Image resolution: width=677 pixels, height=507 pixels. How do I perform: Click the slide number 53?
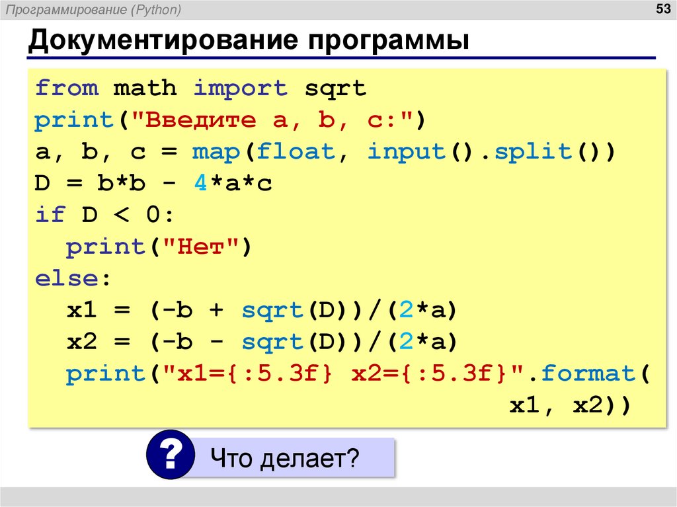coord(662,9)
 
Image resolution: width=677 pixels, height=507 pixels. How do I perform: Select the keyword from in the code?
coord(66,88)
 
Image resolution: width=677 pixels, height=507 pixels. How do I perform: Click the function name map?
coord(216,152)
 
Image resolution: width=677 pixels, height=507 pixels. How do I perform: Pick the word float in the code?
coord(296,152)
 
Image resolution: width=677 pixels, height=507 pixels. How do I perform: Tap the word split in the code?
coord(525,152)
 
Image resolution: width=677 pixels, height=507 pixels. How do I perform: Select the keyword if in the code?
coord(50,215)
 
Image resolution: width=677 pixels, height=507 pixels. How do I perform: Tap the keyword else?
coord(66,278)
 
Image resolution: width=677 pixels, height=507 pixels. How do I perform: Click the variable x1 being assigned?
coord(82,310)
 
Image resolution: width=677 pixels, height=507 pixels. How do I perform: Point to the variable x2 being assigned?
coord(82,342)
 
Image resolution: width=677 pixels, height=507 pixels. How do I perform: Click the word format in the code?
coord(589,373)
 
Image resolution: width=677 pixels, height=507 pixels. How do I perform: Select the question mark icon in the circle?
coord(171,454)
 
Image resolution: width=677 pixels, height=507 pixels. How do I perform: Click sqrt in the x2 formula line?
coord(272,342)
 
